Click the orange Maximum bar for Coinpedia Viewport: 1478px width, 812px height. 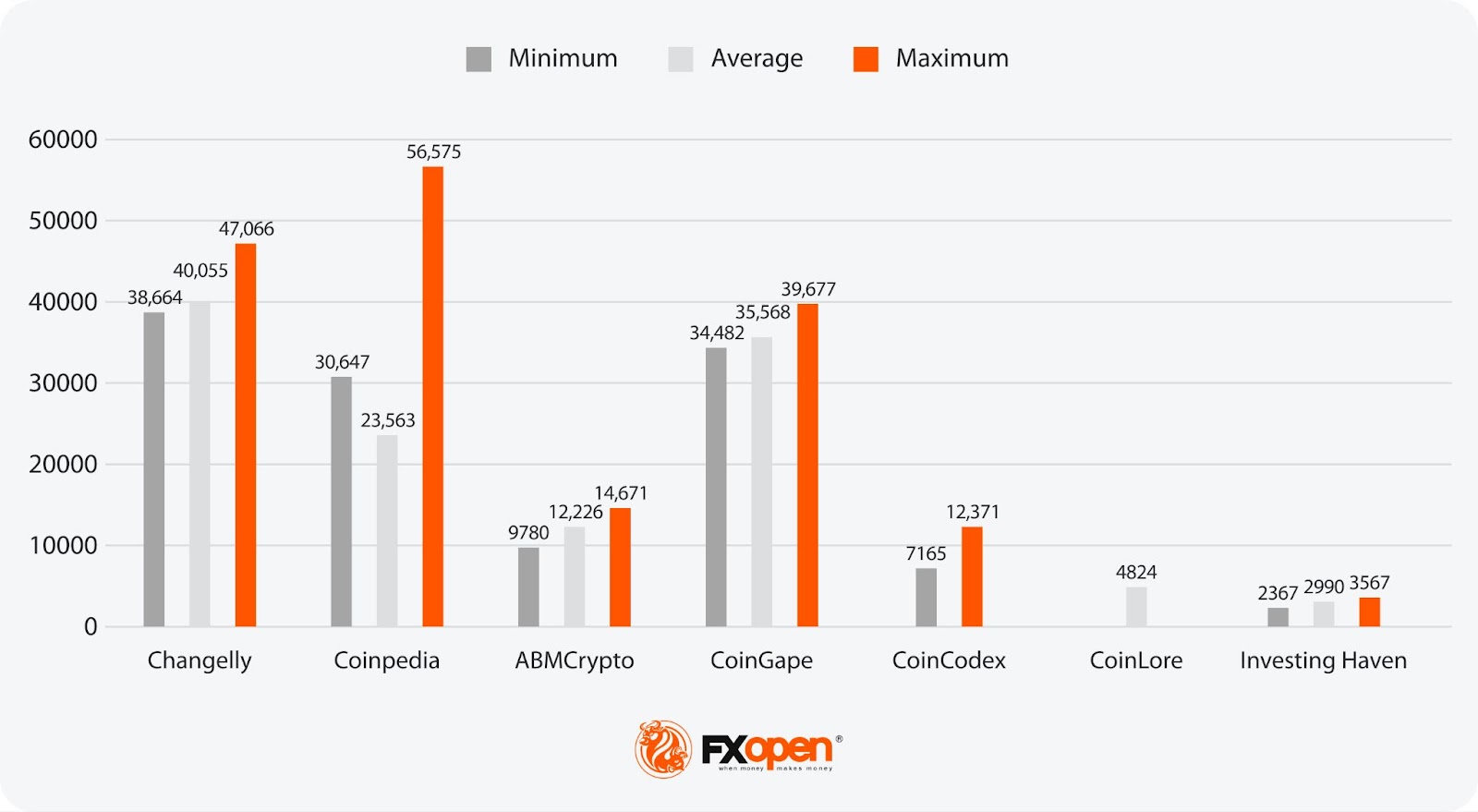pyautogui.click(x=432, y=397)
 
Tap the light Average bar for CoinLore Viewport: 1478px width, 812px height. pyautogui.click(x=1136, y=607)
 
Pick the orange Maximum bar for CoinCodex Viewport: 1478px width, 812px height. pyautogui.click(x=972, y=576)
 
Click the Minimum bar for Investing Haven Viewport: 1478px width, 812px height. pyautogui.click(x=1278, y=617)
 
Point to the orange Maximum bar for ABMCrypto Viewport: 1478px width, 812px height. pyautogui.click(x=620, y=567)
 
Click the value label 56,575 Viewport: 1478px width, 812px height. pyautogui.click(x=433, y=151)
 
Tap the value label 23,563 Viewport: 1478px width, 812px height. pyautogui.click(x=388, y=420)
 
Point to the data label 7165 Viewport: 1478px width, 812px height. pyautogui.click(x=926, y=553)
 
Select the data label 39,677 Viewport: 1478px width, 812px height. pyautogui.click(x=808, y=289)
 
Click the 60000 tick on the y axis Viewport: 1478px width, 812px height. pyautogui.click(x=63, y=139)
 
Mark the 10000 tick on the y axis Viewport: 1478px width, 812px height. pyautogui.click(x=63, y=545)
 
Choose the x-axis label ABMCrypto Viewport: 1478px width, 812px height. pyautogui.click(x=575, y=661)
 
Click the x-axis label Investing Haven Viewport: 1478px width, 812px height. pyautogui.click(x=1323, y=661)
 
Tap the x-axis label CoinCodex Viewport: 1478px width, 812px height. pyautogui.click(x=949, y=661)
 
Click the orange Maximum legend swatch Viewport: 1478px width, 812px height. pyautogui.click(x=866, y=59)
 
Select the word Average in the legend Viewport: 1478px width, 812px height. pyautogui.click(x=757, y=58)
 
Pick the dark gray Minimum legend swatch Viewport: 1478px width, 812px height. pyautogui.click(x=479, y=59)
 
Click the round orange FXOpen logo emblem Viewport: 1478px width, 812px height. pyautogui.click(x=663, y=748)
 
